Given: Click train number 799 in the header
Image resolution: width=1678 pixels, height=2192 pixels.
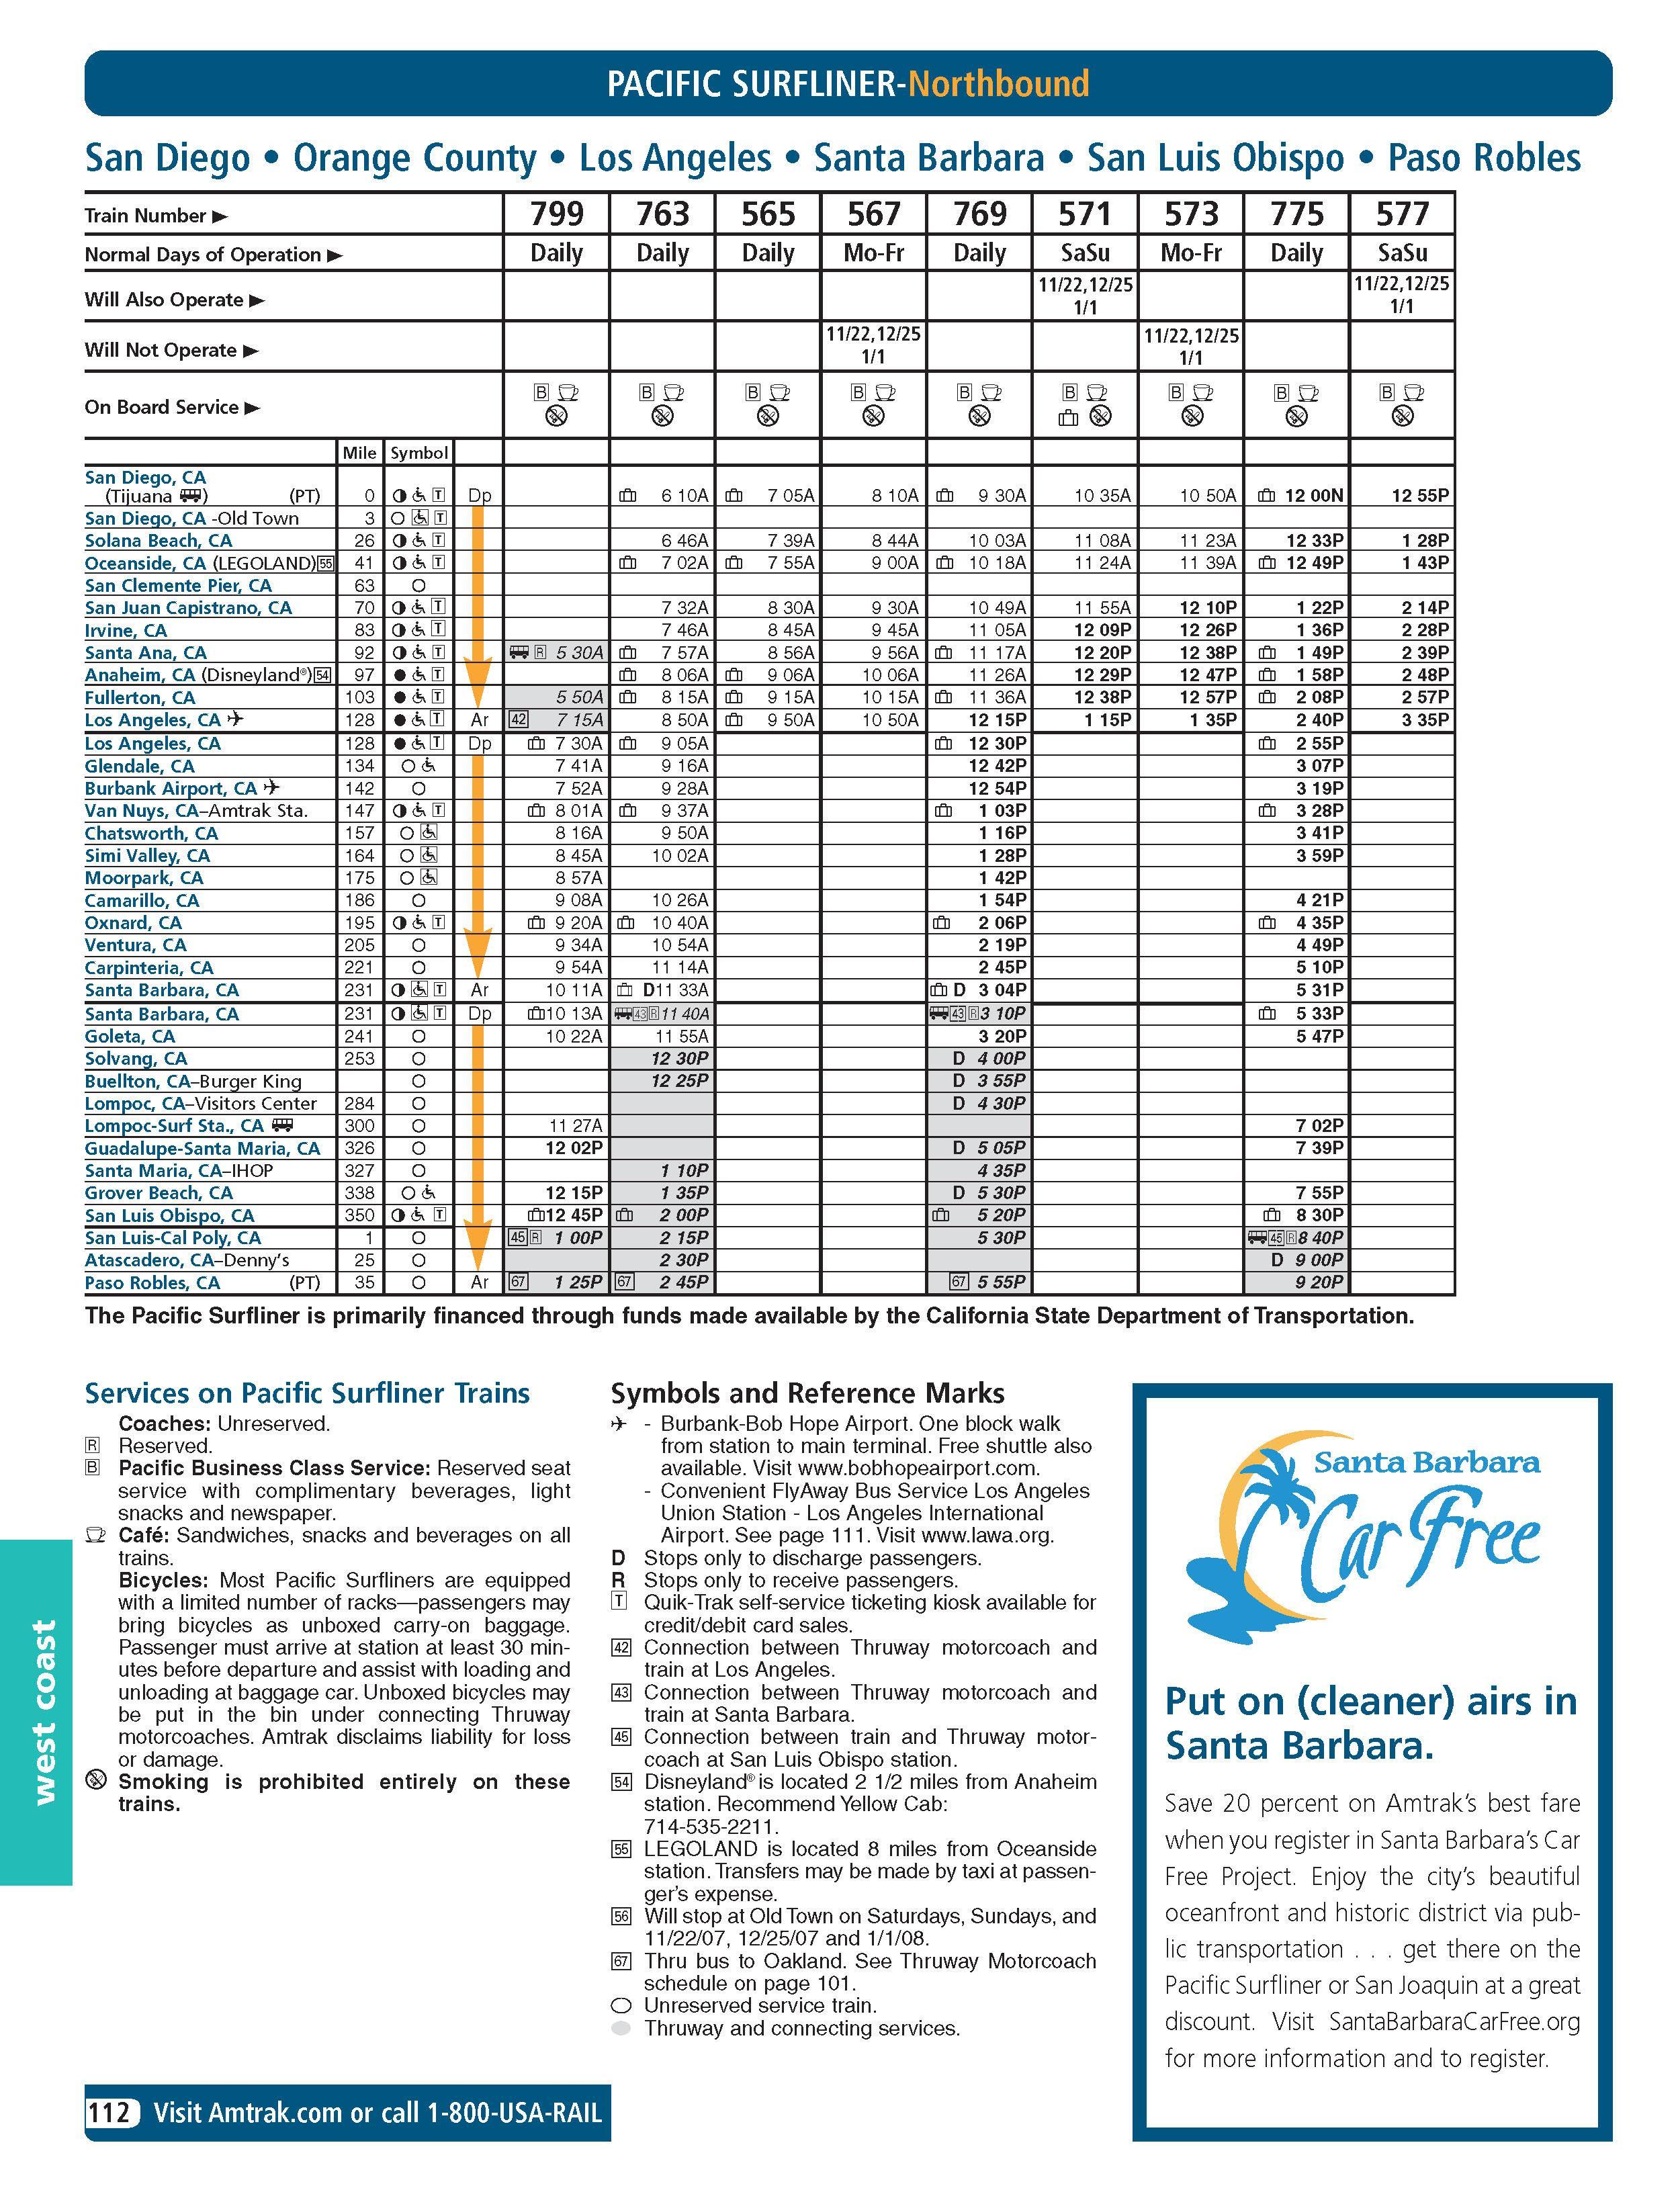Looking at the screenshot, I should coord(556,214).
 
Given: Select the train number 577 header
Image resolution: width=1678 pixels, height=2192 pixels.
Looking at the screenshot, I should coord(1403,214).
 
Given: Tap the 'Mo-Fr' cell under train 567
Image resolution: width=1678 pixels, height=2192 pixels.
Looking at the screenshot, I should coord(874,253).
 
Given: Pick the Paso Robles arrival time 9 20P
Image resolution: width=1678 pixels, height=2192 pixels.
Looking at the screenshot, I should coord(1319,1282).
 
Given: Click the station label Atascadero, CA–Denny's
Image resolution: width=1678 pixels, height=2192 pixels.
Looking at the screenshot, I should coord(187,1260).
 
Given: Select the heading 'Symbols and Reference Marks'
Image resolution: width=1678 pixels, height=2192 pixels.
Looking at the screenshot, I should coord(807,1393).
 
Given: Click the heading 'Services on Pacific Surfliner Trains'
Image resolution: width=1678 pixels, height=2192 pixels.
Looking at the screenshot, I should coord(306,1393).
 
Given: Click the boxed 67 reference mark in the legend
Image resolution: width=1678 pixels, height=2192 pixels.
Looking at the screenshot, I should coord(621,1962).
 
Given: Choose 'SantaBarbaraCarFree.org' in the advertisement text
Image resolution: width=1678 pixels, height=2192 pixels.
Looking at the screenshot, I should coord(1453,2021).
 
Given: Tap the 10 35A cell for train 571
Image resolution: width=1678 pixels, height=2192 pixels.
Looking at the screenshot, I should coord(1102,495).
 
